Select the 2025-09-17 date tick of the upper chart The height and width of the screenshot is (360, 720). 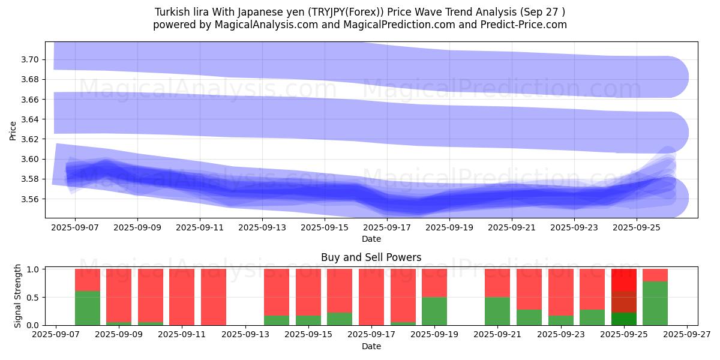pyautogui.click(x=386, y=228)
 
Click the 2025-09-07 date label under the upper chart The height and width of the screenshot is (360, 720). pyautogui.click(x=74, y=228)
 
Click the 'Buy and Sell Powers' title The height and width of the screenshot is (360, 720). pyautogui.click(x=371, y=257)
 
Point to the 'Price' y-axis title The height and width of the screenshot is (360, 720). pyautogui.click(x=13, y=130)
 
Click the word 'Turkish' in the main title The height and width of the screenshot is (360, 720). pyautogui.click(x=172, y=12)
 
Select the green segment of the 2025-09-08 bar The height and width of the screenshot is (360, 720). pyautogui.click(x=88, y=308)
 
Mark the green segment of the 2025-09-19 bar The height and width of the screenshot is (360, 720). pyautogui.click(x=434, y=311)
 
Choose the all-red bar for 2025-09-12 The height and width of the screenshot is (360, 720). pyautogui.click(x=214, y=297)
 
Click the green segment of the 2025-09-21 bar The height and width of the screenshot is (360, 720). pyautogui.click(x=497, y=311)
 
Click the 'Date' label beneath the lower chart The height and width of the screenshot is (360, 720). pyautogui.click(x=371, y=346)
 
